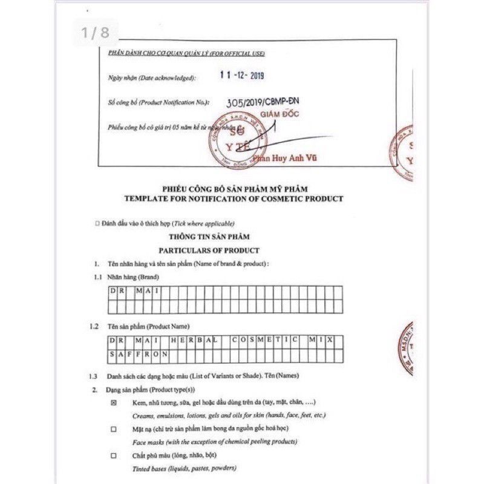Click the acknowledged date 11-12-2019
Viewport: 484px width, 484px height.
coord(241,76)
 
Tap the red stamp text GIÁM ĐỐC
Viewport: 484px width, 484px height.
coord(280,115)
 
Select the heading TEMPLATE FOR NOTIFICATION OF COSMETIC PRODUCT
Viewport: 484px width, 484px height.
coord(233,198)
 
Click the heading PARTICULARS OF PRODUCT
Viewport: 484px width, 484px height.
coord(209,250)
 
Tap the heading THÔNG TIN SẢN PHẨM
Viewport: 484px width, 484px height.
coord(210,237)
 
